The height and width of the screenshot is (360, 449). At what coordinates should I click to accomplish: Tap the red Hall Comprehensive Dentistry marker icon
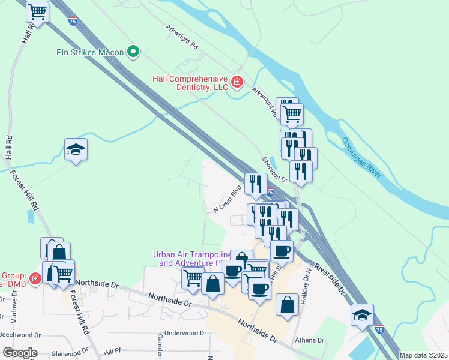pyautogui.click(x=237, y=82)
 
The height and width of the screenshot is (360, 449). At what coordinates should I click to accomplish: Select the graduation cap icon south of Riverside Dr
pyautogui.click(x=363, y=315)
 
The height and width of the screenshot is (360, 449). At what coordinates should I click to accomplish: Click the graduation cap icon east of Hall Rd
pyautogui.click(x=76, y=149)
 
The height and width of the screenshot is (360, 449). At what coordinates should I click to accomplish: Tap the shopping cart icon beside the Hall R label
pyautogui.click(x=38, y=11)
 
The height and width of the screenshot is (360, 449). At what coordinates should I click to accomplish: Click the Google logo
pyautogui.click(x=19, y=352)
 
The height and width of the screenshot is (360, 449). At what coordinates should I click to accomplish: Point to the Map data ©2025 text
pyautogui.click(x=423, y=355)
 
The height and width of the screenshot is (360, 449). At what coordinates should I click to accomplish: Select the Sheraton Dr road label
pyautogui.click(x=275, y=170)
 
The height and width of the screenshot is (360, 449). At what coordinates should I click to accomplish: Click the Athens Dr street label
pyautogui.click(x=310, y=340)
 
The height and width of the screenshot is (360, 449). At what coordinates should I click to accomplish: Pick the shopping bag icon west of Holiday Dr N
pyautogui.click(x=288, y=304)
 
